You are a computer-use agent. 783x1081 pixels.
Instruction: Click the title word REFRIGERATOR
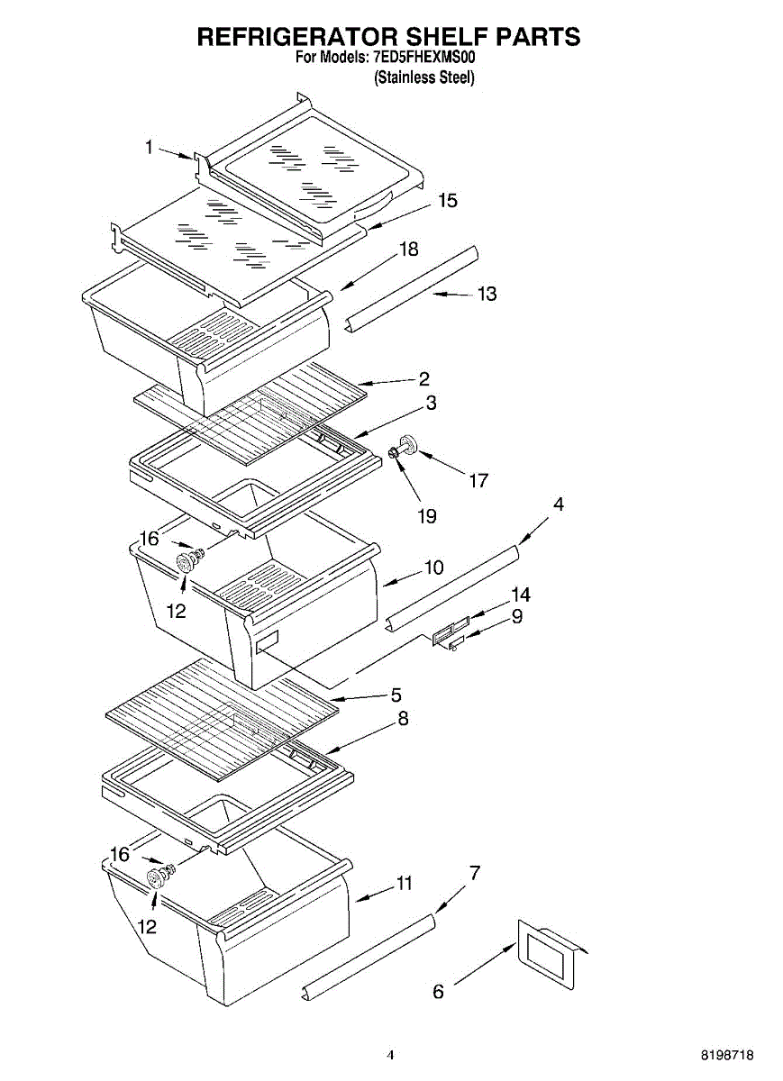tap(296, 36)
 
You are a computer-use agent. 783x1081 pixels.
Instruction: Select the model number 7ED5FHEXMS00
tap(423, 57)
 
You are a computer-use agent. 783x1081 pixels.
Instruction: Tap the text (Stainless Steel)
tap(424, 77)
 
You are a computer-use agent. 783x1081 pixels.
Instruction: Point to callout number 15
tap(447, 200)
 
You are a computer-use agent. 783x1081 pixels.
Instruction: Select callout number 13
tap(487, 294)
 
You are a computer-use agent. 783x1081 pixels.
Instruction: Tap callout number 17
tap(478, 480)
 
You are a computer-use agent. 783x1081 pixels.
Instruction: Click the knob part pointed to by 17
tap(407, 445)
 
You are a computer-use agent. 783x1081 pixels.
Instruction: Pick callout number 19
tap(426, 516)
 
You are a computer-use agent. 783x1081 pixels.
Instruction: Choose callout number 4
tap(559, 504)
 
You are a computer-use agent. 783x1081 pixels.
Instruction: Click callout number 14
tap(520, 595)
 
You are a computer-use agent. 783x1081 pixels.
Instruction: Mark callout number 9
tap(517, 617)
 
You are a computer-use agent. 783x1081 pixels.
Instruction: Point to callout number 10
tap(433, 568)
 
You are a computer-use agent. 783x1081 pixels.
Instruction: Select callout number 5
tap(396, 695)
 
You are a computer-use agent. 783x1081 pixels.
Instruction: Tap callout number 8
tap(403, 719)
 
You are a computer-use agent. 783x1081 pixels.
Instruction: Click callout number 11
tap(405, 884)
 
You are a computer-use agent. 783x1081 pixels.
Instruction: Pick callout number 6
tap(439, 992)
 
